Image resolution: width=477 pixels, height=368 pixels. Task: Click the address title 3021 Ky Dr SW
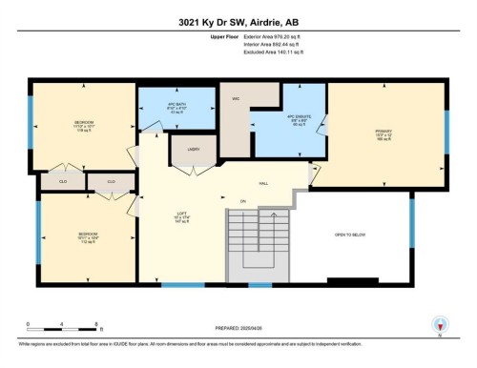[238, 19]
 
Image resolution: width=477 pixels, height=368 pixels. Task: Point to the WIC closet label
[235, 98]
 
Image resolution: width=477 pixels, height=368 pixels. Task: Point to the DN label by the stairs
[242, 201]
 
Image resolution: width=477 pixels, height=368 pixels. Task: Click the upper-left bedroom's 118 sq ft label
[84, 133]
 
